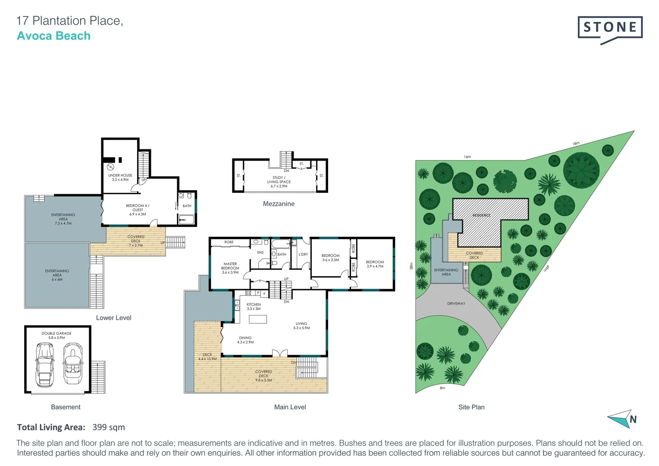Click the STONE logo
point(610,28)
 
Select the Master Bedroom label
point(230,268)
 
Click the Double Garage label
point(56,335)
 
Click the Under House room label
point(120,177)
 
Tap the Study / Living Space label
point(279,182)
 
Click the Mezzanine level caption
point(279,204)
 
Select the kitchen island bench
point(257,319)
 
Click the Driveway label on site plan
point(456,303)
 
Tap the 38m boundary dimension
point(411,266)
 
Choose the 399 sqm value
point(109,427)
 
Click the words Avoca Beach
point(53,36)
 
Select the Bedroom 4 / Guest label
point(138,210)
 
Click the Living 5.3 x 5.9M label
point(301,325)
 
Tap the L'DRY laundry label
point(303,255)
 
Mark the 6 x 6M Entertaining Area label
point(57,275)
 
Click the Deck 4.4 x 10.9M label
point(207,357)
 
